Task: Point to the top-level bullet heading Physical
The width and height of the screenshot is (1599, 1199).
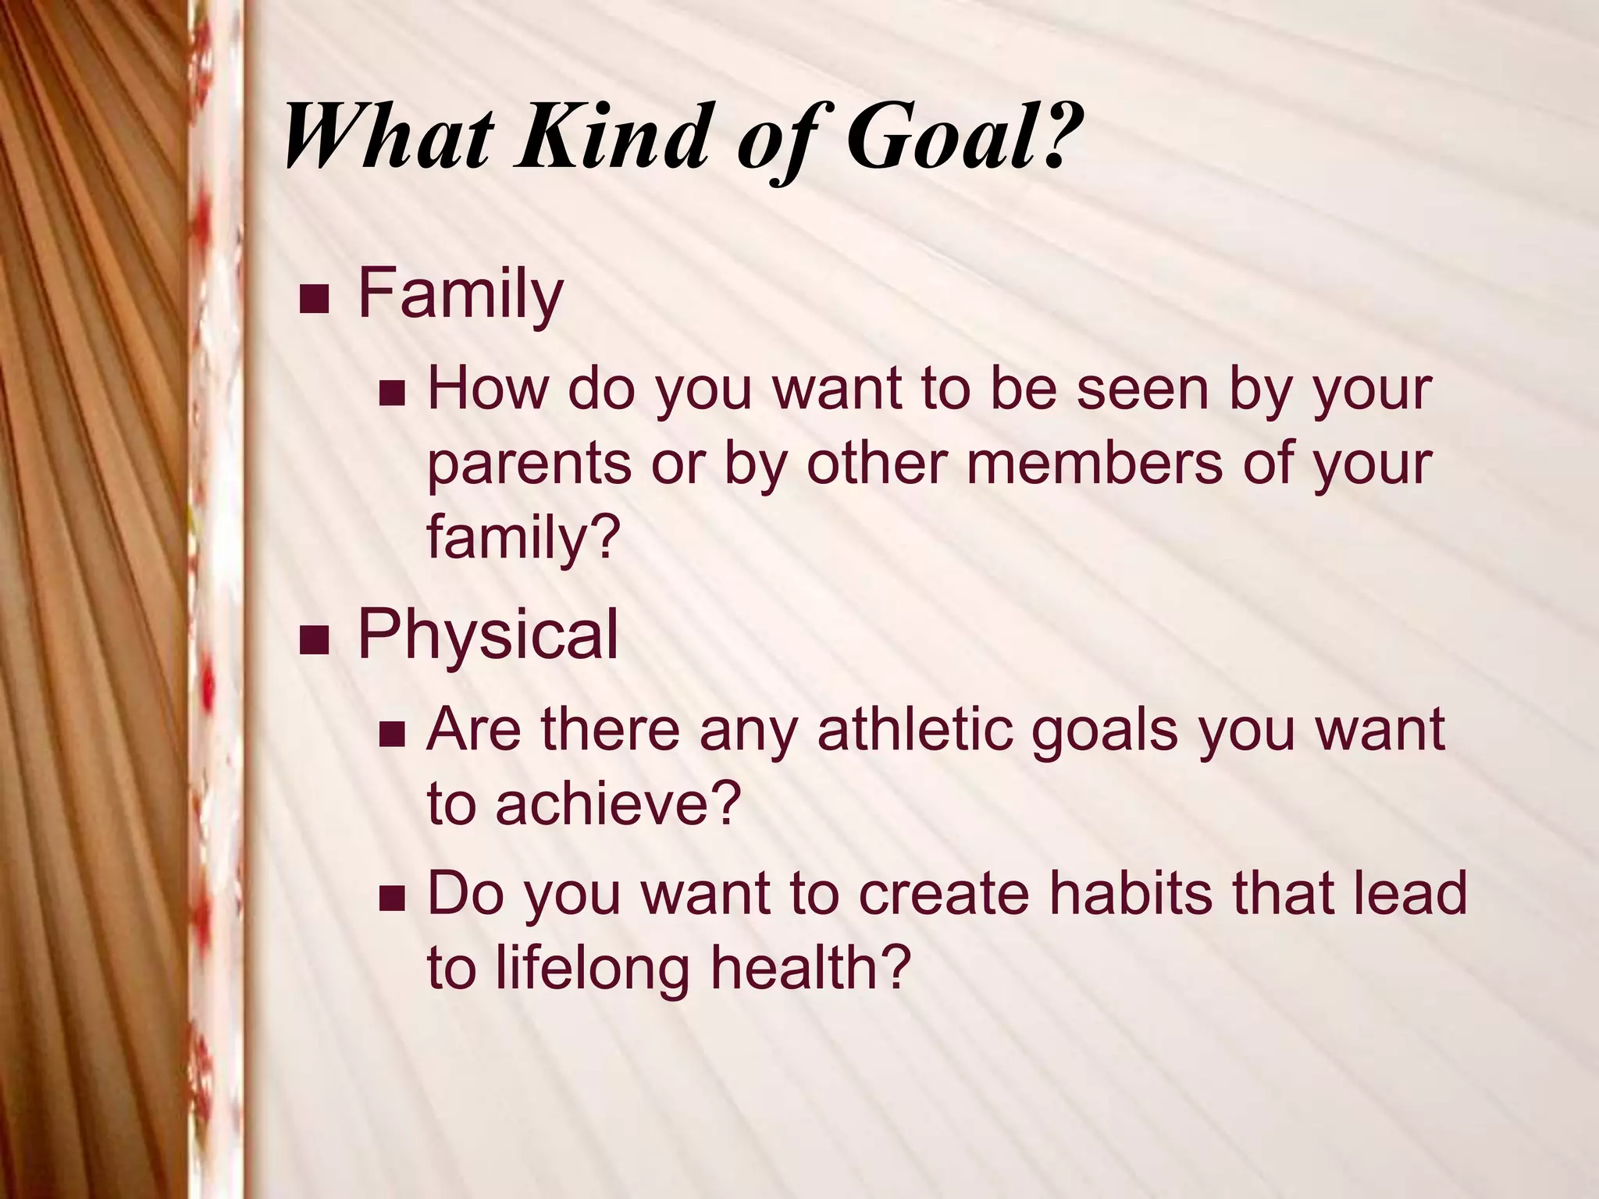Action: click(x=488, y=635)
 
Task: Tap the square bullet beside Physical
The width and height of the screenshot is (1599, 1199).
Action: click(x=314, y=639)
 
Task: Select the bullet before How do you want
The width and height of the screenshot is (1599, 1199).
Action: click(x=391, y=393)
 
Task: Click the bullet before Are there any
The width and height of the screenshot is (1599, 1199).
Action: click(x=391, y=733)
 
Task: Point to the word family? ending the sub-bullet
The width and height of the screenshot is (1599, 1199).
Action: click(x=522, y=539)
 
